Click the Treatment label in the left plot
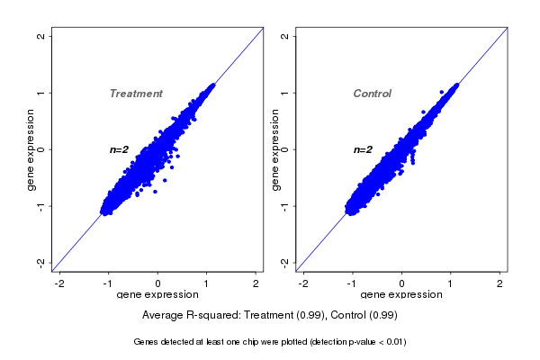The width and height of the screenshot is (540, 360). [x=136, y=94]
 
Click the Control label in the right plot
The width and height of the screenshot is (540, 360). [x=372, y=94]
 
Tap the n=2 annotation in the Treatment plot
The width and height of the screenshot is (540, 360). [x=120, y=149]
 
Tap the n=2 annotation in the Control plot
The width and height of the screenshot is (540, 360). [x=363, y=149]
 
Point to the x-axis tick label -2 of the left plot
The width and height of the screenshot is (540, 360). [x=59, y=283]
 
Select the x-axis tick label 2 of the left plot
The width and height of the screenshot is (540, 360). [x=256, y=283]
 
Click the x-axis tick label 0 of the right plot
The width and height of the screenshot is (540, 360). [x=402, y=283]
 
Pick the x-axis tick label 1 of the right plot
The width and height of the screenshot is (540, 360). [x=451, y=283]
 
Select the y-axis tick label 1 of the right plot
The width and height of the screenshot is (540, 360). [x=284, y=93]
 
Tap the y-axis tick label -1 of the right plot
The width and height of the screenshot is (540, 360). [x=284, y=205]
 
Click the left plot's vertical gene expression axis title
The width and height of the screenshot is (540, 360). [x=31, y=149]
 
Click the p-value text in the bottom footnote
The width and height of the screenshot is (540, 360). [x=370, y=342]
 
